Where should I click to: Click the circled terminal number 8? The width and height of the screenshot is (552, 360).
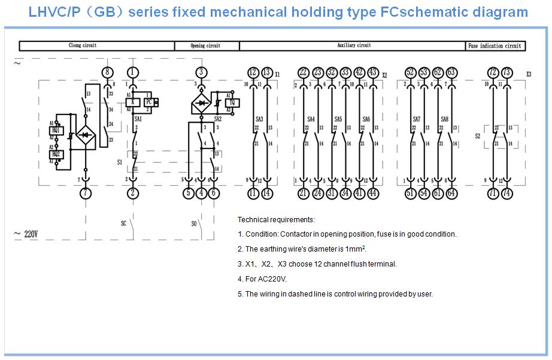point(107,72)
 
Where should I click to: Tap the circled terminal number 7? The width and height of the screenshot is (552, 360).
point(86,193)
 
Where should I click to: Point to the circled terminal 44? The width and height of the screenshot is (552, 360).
point(374,193)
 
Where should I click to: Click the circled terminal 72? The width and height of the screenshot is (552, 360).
point(493,72)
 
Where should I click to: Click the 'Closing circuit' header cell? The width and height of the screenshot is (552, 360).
point(83,46)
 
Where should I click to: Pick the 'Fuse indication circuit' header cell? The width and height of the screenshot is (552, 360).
point(495,46)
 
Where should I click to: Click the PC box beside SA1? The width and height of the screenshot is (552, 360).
point(148,102)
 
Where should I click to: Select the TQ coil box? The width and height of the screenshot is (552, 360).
point(231,102)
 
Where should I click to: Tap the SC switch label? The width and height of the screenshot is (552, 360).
point(124,223)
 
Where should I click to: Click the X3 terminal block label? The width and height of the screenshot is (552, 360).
point(529,74)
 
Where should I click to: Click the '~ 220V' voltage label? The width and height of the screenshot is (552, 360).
point(26,234)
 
